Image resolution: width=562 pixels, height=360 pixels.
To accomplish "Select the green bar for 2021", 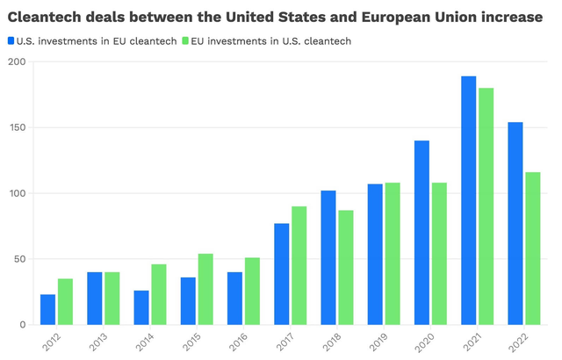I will pos(486,206).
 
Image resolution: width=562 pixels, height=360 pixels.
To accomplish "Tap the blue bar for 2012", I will pos(47,309).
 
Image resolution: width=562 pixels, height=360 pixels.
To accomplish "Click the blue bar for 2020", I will pos(422,233).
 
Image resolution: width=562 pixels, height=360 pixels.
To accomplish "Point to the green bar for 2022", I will pos(532,248).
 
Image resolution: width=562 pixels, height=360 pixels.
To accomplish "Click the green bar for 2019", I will pos(392,254).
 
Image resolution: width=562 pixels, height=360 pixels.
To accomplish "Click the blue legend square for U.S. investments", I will pos(11,40).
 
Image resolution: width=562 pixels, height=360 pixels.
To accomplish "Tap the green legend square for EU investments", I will pos(184,40).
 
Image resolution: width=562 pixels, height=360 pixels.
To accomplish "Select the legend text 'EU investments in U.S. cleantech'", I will pos(263,40).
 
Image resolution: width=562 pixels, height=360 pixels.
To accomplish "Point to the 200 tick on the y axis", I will pos(17,61).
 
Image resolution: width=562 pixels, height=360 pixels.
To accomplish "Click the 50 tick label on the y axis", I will pos(19,259).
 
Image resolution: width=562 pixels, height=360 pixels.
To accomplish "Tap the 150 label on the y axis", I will pos(17,127).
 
